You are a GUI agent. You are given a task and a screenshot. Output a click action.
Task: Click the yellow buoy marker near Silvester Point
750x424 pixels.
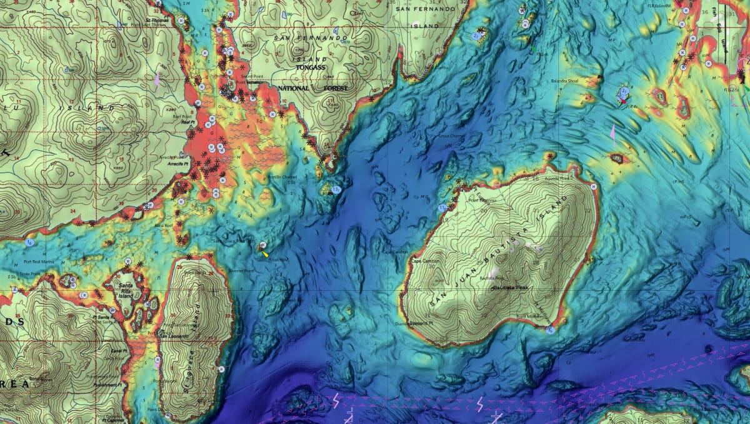coord(265,254)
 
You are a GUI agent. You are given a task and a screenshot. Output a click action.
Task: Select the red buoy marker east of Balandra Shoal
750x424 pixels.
coord(622,100)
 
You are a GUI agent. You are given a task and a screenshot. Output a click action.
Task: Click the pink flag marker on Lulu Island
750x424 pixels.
coord(157,79)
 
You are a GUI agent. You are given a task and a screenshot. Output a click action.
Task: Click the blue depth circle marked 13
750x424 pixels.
coord(336,189)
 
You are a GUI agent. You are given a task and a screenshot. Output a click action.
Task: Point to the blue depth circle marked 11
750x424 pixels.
coord(442,207)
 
